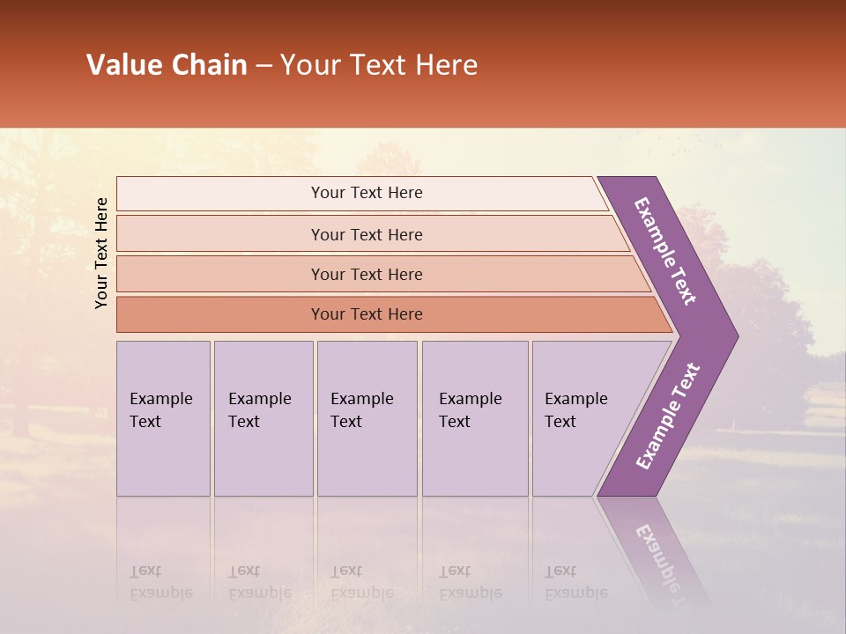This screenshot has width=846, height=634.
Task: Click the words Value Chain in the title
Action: click(167, 65)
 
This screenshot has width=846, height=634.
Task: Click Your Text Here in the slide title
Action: click(379, 65)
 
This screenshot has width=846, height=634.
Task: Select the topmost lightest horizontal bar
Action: click(220, 194)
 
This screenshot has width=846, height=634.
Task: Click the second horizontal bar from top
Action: click(220, 234)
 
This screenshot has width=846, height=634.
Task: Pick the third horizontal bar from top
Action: click(220, 274)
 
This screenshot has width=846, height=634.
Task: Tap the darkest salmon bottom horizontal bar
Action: click(220, 314)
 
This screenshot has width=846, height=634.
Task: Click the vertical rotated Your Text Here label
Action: click(102, 253)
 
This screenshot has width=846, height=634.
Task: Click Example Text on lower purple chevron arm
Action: click(668, 416)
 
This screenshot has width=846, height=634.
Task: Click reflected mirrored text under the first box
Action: click(161, 583)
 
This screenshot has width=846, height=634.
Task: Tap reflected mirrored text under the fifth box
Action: click(575, 583)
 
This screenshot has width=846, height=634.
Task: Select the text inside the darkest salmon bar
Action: click(367, 314)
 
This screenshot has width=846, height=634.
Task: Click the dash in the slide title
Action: click(263, 66)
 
